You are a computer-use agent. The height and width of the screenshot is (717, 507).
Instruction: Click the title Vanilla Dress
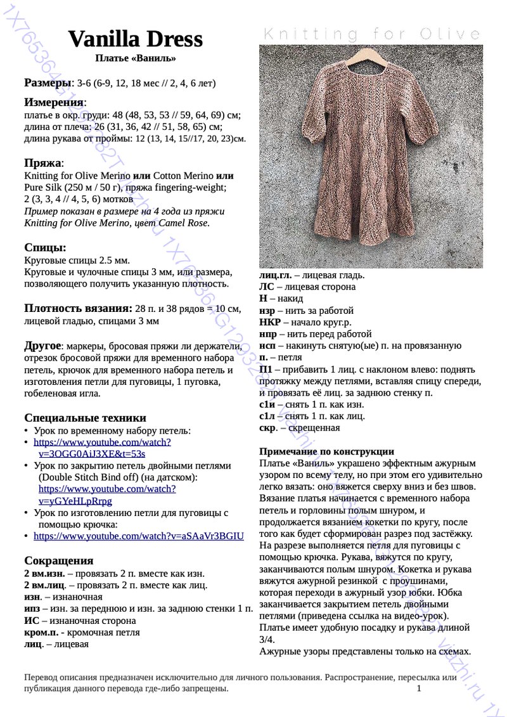tap(135, 39)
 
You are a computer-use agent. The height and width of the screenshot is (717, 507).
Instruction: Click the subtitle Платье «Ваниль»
tap(135, 58)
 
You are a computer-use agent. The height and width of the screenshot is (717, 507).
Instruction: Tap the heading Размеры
tap(48, 82)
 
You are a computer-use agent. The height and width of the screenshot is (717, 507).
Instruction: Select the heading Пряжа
tap(42, 162)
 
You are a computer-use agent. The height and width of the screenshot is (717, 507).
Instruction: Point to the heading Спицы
tap(45, 247)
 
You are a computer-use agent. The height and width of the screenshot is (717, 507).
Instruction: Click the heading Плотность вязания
tap(78, 309)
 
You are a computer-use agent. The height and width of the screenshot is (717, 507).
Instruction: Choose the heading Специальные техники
tap(85, 418)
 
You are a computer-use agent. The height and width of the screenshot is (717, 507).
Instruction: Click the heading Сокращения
tap(59, 560)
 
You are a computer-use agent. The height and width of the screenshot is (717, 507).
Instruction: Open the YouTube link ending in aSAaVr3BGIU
tap(138, 536)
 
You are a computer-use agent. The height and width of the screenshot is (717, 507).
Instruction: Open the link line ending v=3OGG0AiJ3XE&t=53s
tap(92, 453)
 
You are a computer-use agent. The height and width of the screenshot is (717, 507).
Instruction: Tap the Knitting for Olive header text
tap(371, 34)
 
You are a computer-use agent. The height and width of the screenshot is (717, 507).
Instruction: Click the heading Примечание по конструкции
tap(327, 451)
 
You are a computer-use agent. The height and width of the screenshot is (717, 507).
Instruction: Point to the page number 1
tap(419, 688)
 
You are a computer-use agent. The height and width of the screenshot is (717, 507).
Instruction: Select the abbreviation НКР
tap(270, 322)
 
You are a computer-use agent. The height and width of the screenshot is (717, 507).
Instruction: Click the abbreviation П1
tap(266, 369)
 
